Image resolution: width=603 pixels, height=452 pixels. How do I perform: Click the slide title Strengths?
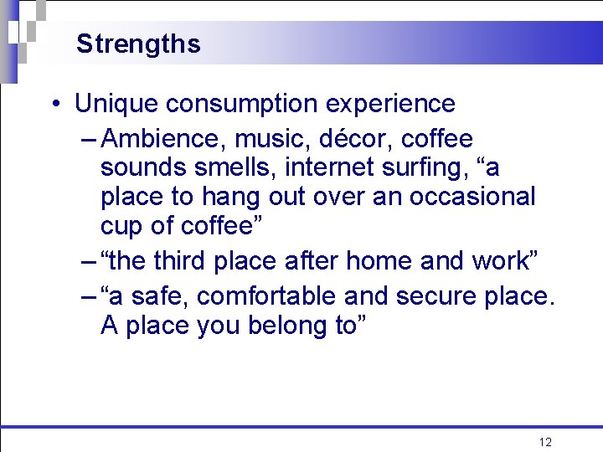point(138,44)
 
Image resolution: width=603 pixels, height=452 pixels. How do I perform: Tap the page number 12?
point(545,442)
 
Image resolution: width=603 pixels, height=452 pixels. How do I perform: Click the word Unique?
point(116,104)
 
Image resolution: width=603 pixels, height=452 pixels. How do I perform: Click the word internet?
point(326,167)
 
